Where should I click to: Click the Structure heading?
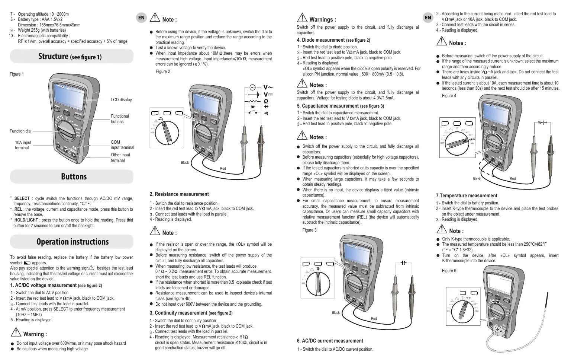pyautogui.click(x=70, y=56)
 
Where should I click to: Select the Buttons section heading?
pyautogui.click(x=74, y=176)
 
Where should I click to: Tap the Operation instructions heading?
pyautogui.click(x=72, y=242)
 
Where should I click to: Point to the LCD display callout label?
pyautogui.click(x=121, y=100)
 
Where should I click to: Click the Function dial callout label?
pyautogui.click(x=20, y=131)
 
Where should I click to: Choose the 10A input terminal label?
pyautogui.click(x=23, y=145)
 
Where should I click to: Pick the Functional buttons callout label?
pyautogui.click(x=120, y=119)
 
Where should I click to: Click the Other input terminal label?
pyautogui.click(x=120, y=157)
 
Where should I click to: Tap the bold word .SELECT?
pyautogui.click(x=22, y=198)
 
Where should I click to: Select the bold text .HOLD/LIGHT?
pyautogui.click(x=26, y=220)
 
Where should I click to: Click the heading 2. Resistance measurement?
pyautogui.click(x=179, y=194)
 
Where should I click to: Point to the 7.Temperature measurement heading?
pyautogui.click(x=466, y=195)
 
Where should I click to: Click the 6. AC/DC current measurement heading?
pyautogui.click(x=330, y=341)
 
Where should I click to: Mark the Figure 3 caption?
pyautogui.click(x=309, y=230)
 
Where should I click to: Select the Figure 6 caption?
pyautogui.click(x=449, y=271)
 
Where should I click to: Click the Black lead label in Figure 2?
pyautogui.click(x=185, y=163)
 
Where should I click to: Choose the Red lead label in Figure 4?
pyautogui.click(x=513, y=179)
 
